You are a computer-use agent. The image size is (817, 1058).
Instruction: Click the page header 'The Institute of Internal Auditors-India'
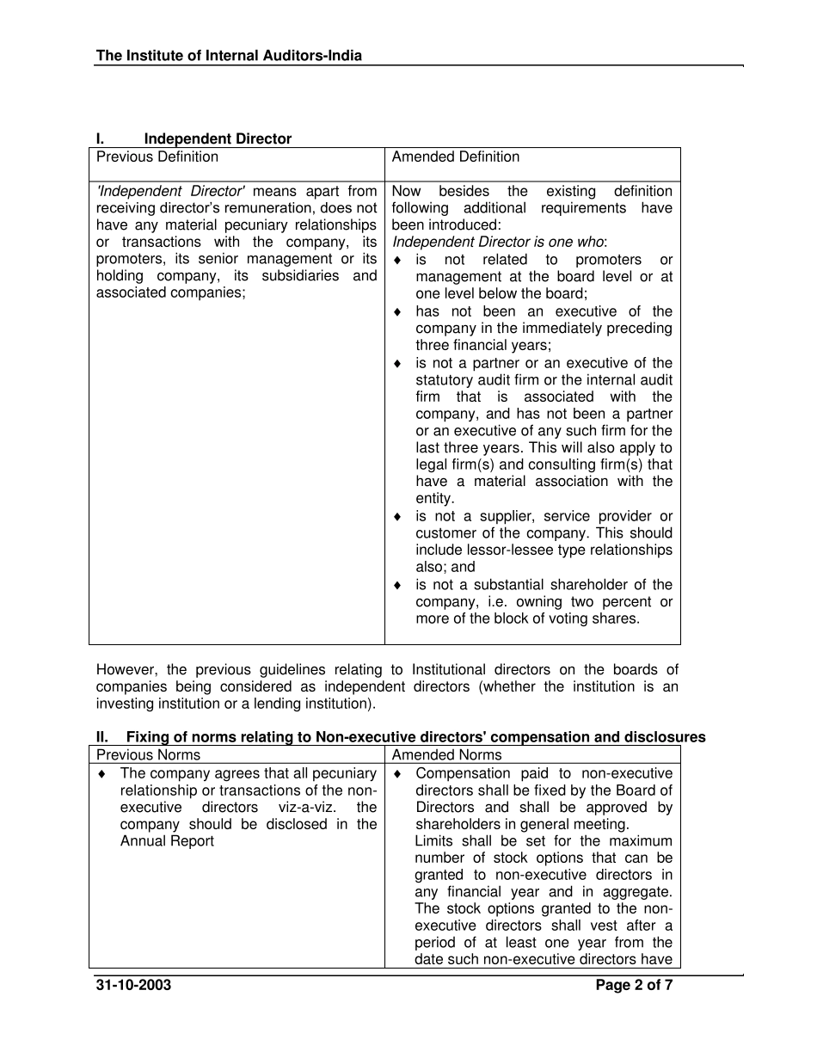coord(229,56)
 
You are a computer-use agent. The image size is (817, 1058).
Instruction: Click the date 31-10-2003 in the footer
coord(133,986)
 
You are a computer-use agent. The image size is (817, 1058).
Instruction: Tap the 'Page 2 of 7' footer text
coord(634,986)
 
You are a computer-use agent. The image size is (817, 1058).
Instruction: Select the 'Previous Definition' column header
coord(157,157)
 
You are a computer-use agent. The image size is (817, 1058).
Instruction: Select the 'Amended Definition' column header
coord(456,157)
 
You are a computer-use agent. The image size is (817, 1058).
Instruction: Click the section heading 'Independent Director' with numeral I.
coord(218,138)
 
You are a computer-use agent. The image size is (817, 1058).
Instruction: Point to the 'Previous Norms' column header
coord(148,755)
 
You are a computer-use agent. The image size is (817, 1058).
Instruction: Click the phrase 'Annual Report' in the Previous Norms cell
coord(167,841)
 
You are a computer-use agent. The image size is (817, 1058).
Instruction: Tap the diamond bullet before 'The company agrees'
coord(102,774)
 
